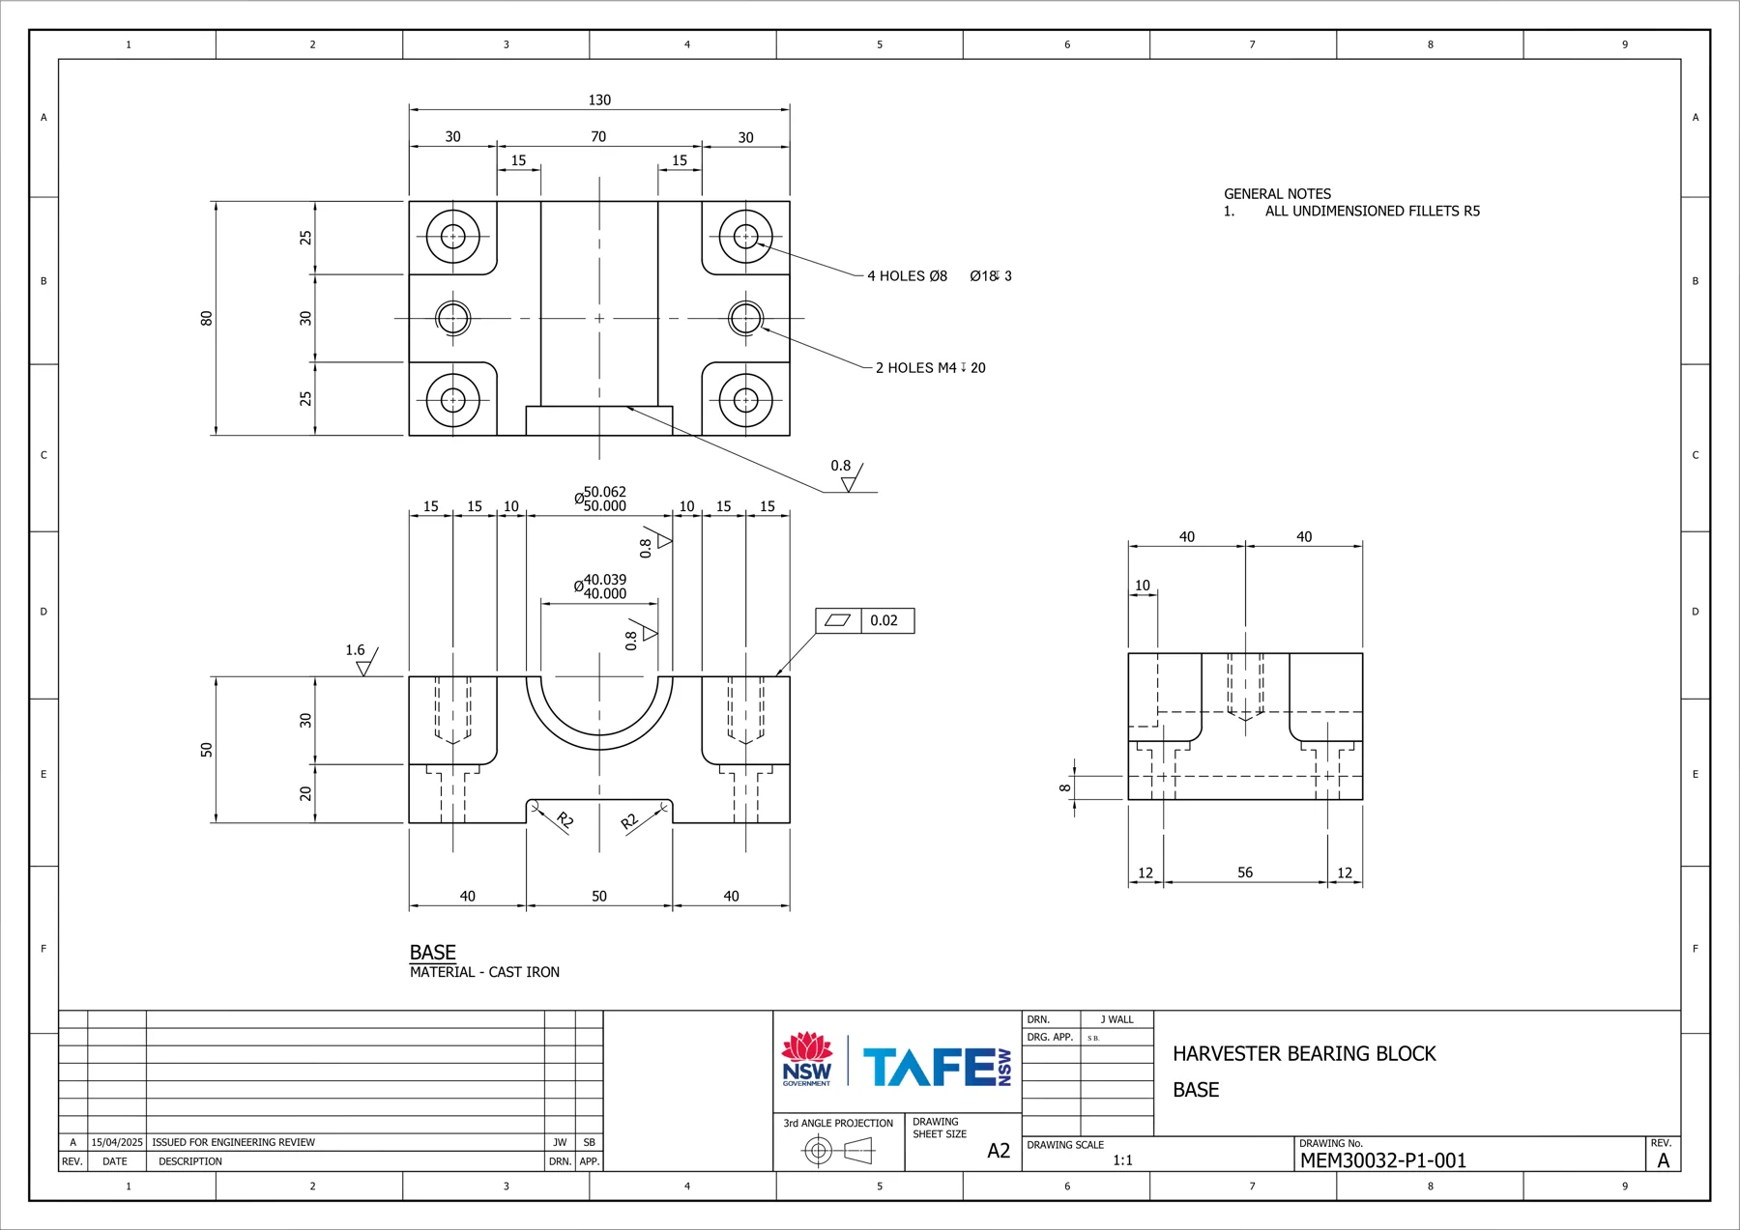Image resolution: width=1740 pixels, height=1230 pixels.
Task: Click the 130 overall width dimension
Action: tap(599, 100)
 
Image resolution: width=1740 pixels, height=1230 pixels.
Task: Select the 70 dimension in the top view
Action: tap(598, 137)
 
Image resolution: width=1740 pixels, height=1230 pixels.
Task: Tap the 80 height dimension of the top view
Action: tap(206, 318)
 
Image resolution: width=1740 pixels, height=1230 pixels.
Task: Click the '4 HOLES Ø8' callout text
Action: tap(907, 276)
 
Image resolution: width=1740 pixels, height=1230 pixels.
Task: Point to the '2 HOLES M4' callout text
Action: tap(915, 368)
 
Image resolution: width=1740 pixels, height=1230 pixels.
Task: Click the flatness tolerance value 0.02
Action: tap(884, 620)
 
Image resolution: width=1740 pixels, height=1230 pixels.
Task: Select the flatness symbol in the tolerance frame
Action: tap(837, 620)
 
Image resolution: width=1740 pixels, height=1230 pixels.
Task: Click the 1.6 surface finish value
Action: tap(356, 650)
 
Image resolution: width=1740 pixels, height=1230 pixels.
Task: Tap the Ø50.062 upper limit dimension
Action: tap(604, 492)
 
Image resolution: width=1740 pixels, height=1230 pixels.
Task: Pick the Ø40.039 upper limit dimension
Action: tap(604, 580)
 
